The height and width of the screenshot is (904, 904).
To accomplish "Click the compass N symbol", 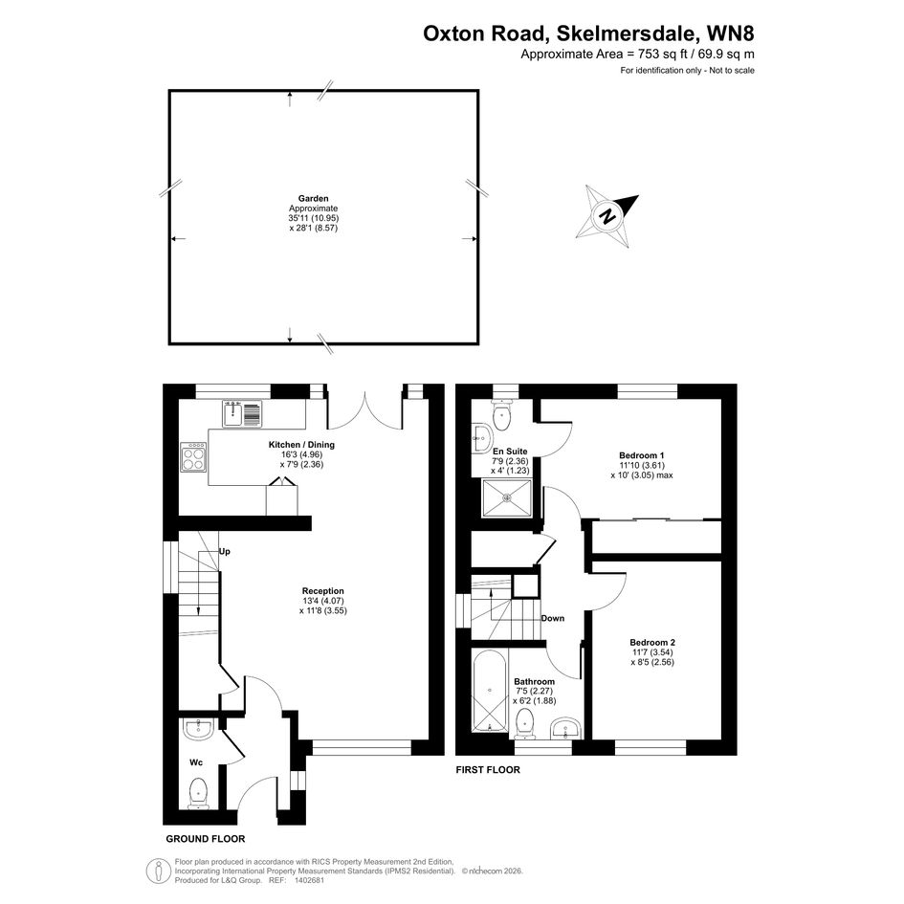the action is coord(606,217).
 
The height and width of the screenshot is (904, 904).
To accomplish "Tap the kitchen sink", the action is coord(242,413).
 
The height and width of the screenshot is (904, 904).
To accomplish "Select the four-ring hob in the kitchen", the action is coord(193,457).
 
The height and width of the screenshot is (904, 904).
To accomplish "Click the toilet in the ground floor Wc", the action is coord(198,793).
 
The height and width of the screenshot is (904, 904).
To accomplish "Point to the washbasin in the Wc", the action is coord(198,728).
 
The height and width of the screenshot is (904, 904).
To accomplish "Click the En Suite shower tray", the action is coord(507,496).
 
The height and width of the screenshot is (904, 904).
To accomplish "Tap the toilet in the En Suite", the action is coord(502,415).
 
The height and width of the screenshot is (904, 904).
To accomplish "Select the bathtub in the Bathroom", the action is coord(490,691).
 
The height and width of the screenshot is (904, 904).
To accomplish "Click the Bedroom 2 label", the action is coord(652,642).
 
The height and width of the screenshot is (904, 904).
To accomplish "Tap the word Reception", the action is coord(323,591).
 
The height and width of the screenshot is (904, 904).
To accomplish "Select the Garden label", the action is coord(313,198).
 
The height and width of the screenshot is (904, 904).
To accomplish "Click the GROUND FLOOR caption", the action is coord(206,839).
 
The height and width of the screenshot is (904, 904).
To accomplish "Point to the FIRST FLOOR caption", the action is coord(488,770).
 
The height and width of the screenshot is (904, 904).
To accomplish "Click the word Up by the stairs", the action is coord(224,552).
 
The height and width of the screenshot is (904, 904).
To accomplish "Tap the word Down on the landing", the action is coord(552,618).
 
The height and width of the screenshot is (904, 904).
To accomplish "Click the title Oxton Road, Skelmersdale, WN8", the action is coord(588,33).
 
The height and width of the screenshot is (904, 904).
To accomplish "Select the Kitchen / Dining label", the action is coord(301,445).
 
